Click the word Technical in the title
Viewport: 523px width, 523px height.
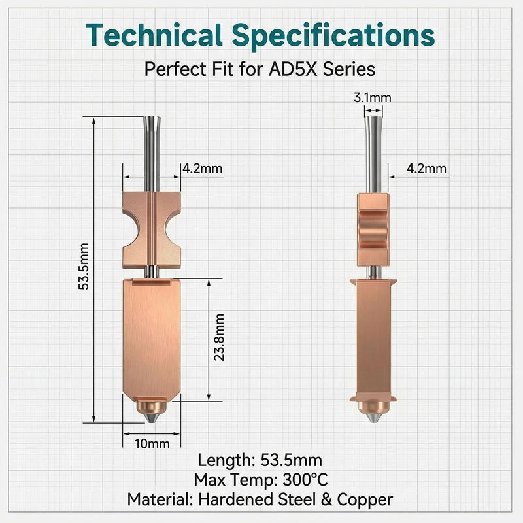(154, 35)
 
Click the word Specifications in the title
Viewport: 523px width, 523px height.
(333, 36)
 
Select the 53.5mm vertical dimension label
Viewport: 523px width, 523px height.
(85, 266)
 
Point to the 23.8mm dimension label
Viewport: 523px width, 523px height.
(219, 337)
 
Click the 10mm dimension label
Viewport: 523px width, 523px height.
(152, 444)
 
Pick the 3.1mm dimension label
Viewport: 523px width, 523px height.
(372, 97)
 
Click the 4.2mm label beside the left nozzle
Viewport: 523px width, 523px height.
(203, 169)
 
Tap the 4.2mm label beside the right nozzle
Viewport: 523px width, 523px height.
(426, 169)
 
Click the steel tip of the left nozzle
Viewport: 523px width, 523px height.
(152, 418)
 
